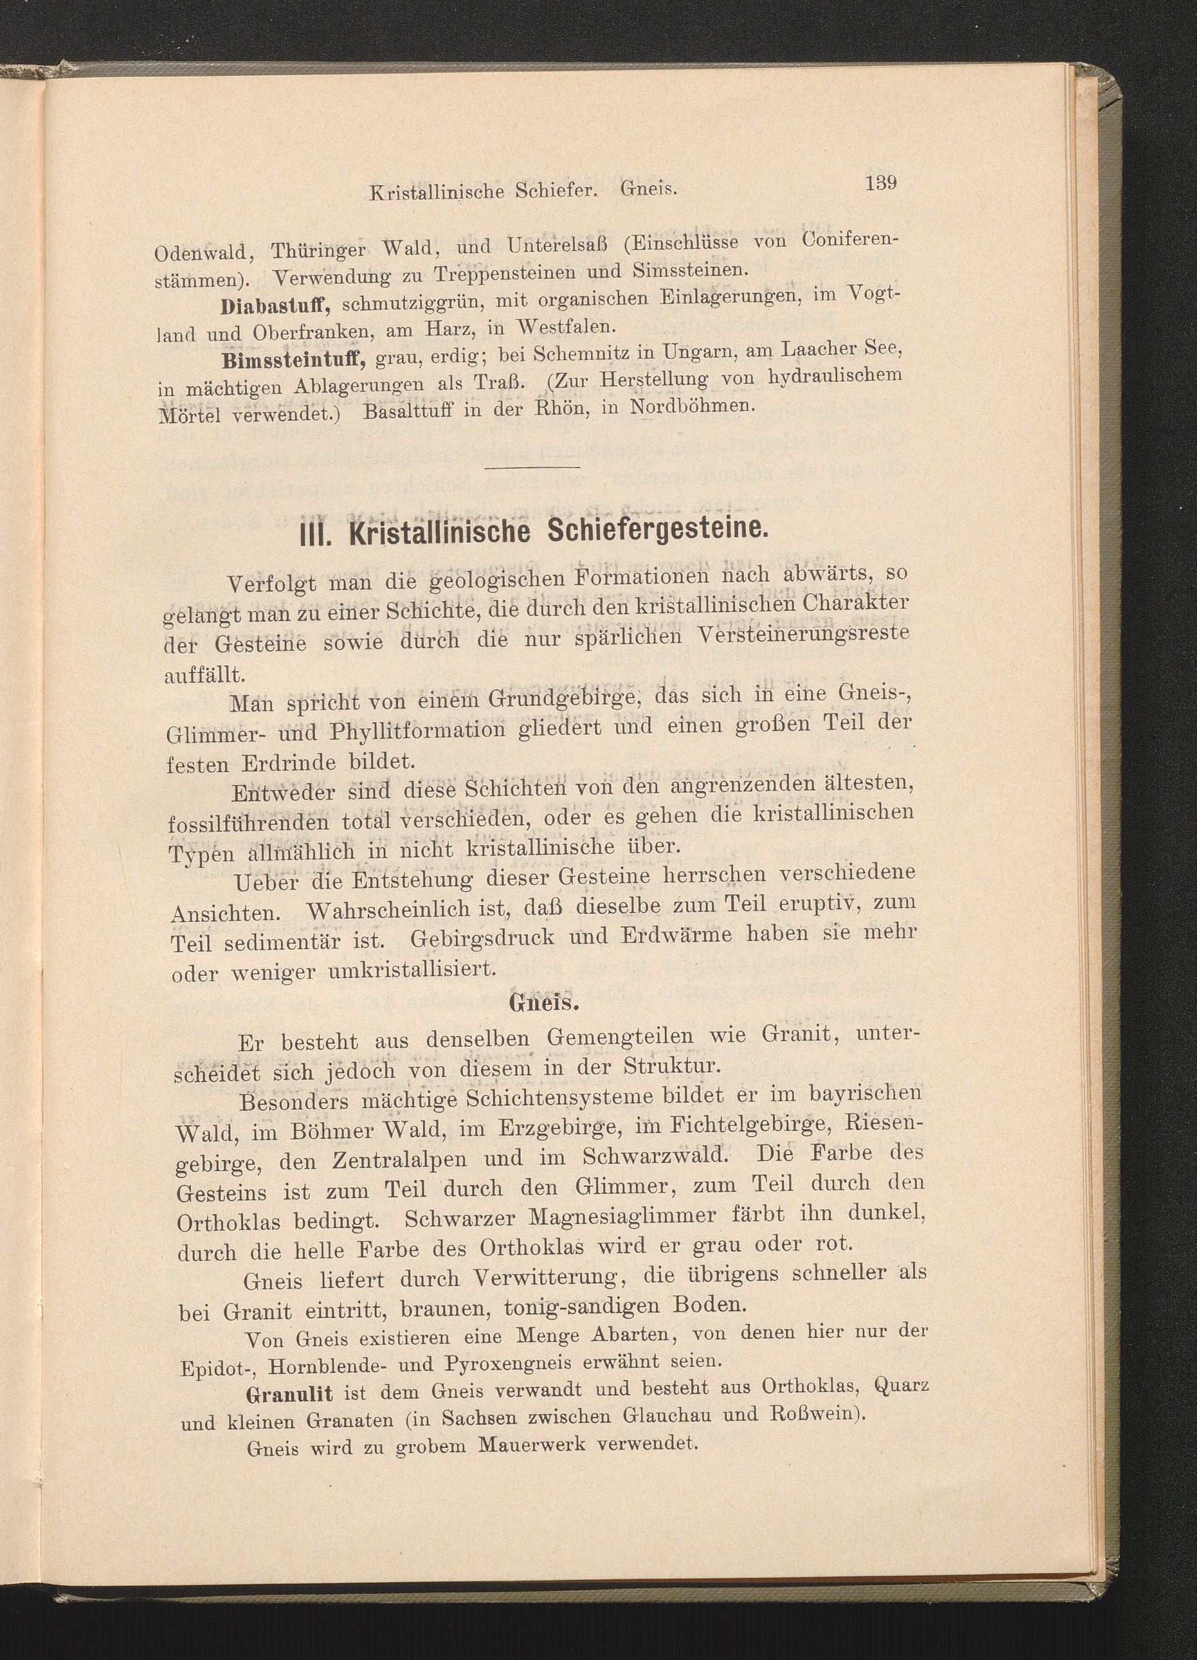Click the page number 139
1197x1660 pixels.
point(880,183)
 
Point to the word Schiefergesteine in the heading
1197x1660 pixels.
point(657,527)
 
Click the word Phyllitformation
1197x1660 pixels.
point(417,732)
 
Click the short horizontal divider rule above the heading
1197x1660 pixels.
point(532,467)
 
